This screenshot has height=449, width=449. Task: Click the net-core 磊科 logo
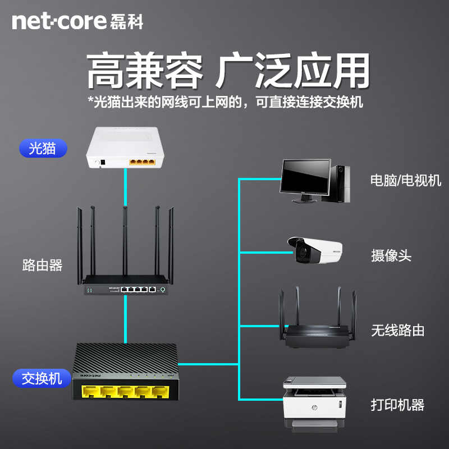tap(77, 21)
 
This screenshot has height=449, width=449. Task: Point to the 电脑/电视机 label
tap(405, 181)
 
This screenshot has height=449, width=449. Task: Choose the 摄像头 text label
tap(391, 256)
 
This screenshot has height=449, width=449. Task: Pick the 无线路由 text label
tap(397, 330)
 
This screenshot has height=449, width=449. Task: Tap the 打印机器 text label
tap(397, 405)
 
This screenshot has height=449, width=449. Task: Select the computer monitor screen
tap(306, 177)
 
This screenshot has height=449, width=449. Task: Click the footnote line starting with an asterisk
tap(225, 102)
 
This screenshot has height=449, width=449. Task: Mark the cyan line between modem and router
tap(125, 185)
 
